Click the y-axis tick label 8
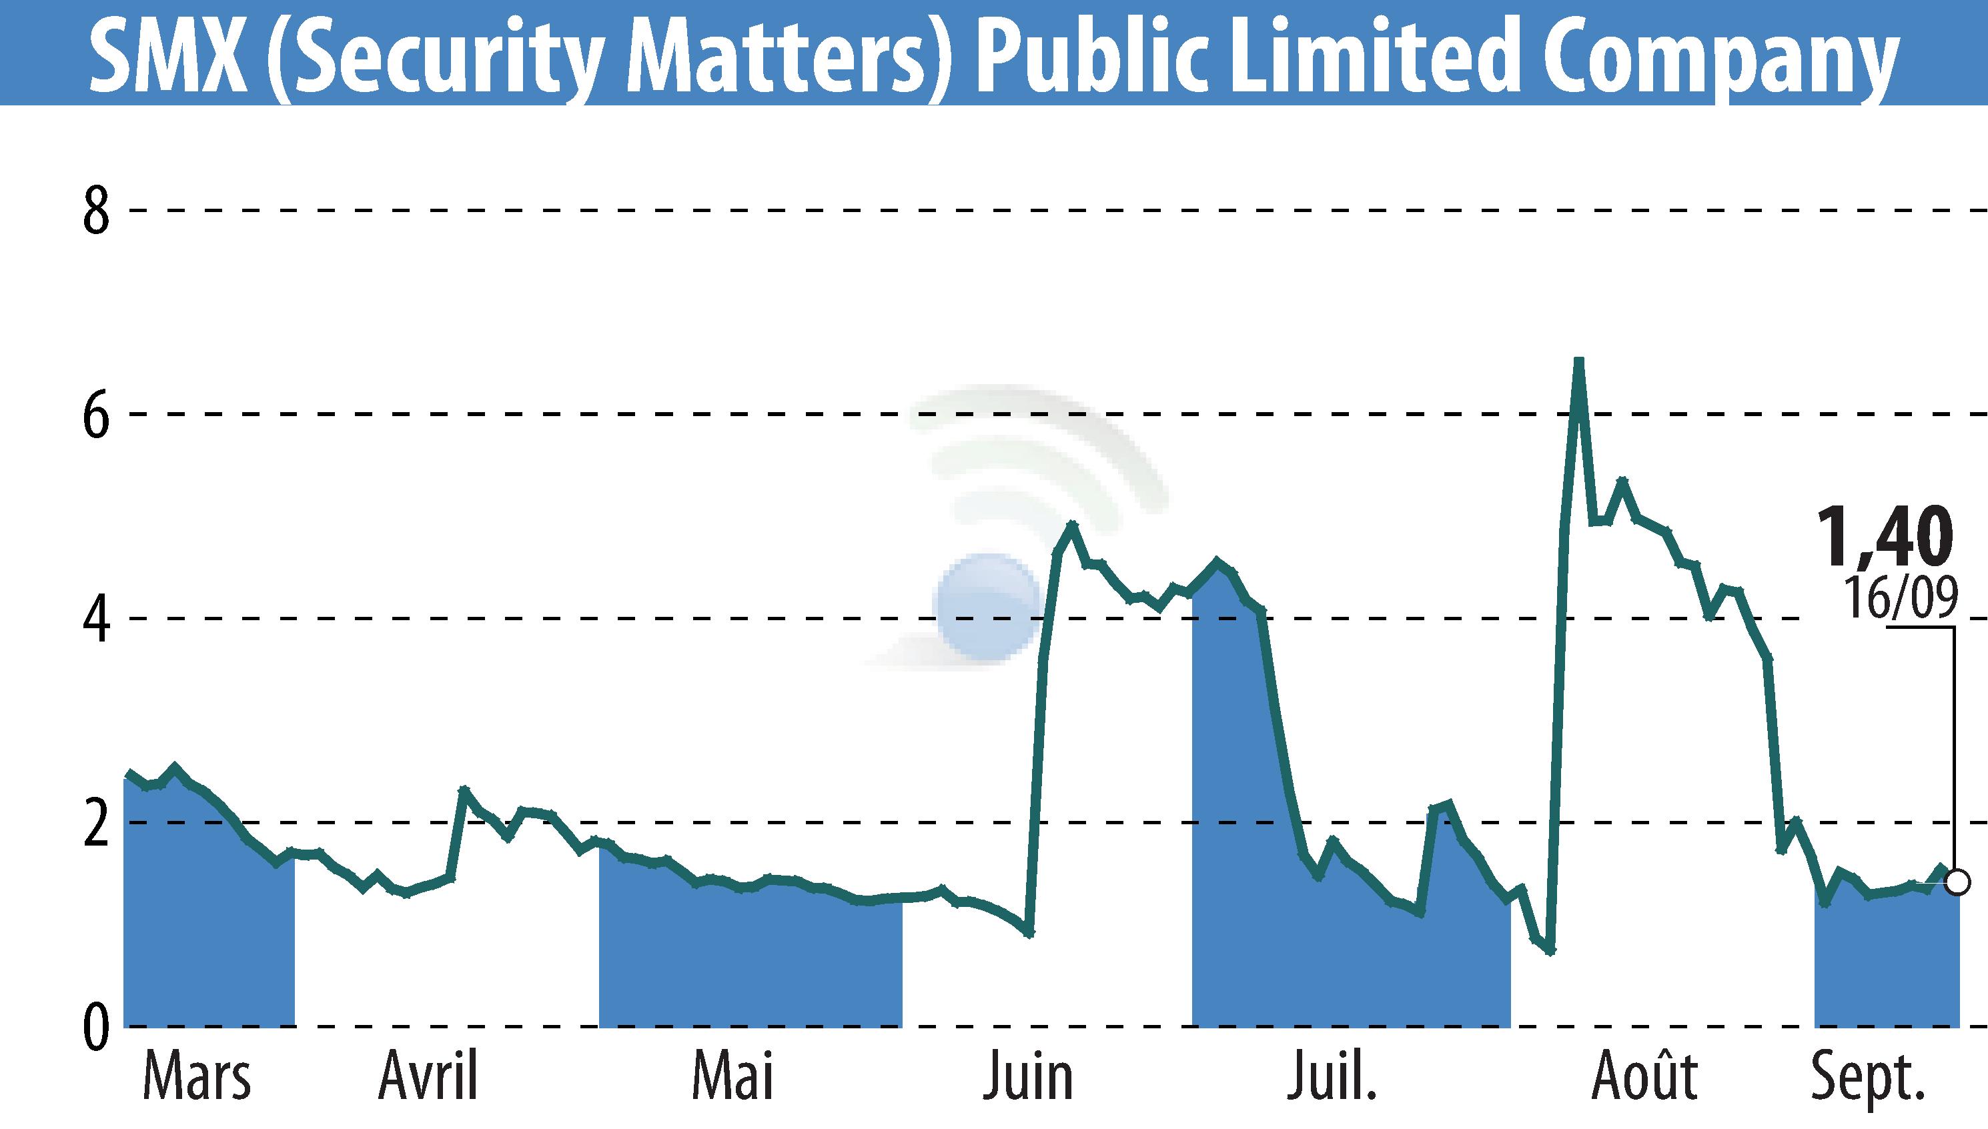click(x=96, y=211)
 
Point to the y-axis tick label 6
click(x=96, y=415)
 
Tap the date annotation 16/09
click(x=1901, y=598)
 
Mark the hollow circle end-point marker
click(x=1958, y=882)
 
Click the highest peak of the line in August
click(x=1578, y=361)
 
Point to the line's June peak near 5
click(x=1072, y=524)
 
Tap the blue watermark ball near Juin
click(x=987, y=606)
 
